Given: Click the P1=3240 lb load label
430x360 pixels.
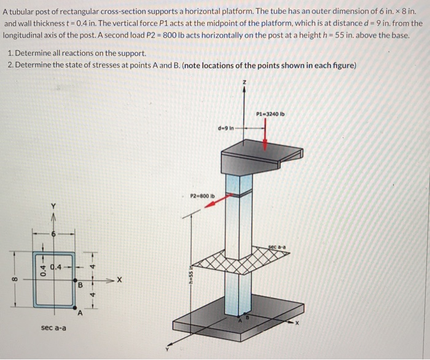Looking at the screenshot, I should tap(270, 114).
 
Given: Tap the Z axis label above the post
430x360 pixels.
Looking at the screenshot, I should tap(245, 81).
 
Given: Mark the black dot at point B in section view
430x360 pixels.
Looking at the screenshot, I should tap(74, 278).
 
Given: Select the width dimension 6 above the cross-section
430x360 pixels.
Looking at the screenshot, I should tap(54, 234).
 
